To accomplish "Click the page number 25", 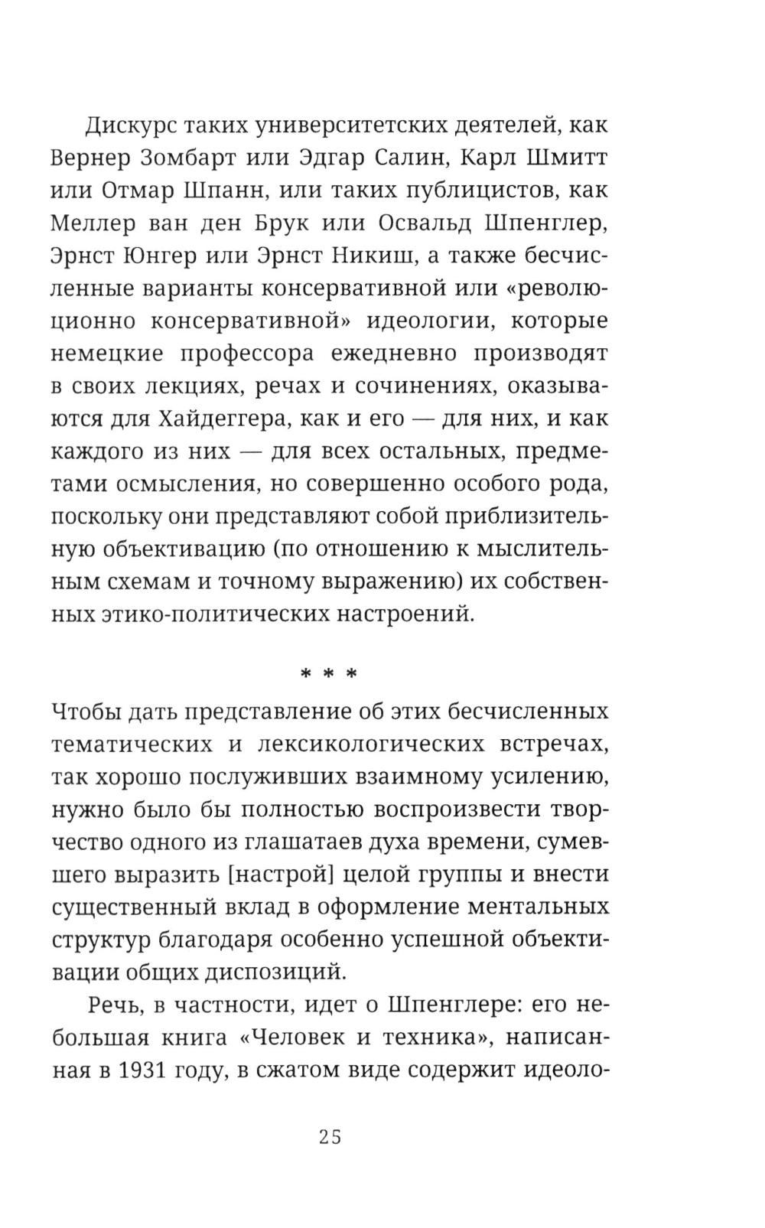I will tap(330, 1136).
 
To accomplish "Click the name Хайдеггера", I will tap(220, 419).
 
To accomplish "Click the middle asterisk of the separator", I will tap(329, 674).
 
